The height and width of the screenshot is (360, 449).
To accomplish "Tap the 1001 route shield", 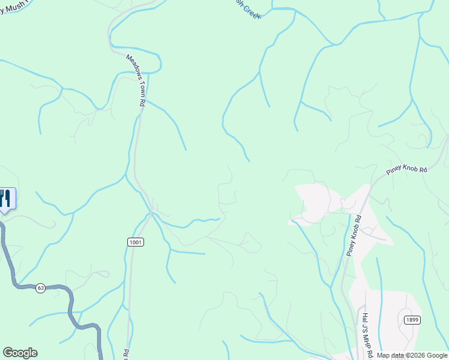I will (136, 241).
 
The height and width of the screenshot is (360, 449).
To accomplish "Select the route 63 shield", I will (40, 288).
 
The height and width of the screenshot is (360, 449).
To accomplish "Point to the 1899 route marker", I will (411, 320).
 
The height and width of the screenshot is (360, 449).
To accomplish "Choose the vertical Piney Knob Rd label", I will (354, 236).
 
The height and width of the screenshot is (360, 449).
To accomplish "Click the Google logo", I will (20, 353).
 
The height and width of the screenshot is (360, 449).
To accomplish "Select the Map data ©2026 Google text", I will (412, 356).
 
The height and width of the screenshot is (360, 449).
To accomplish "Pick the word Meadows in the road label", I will (133, 67).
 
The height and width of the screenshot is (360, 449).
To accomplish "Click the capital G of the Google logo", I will (8, 353).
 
